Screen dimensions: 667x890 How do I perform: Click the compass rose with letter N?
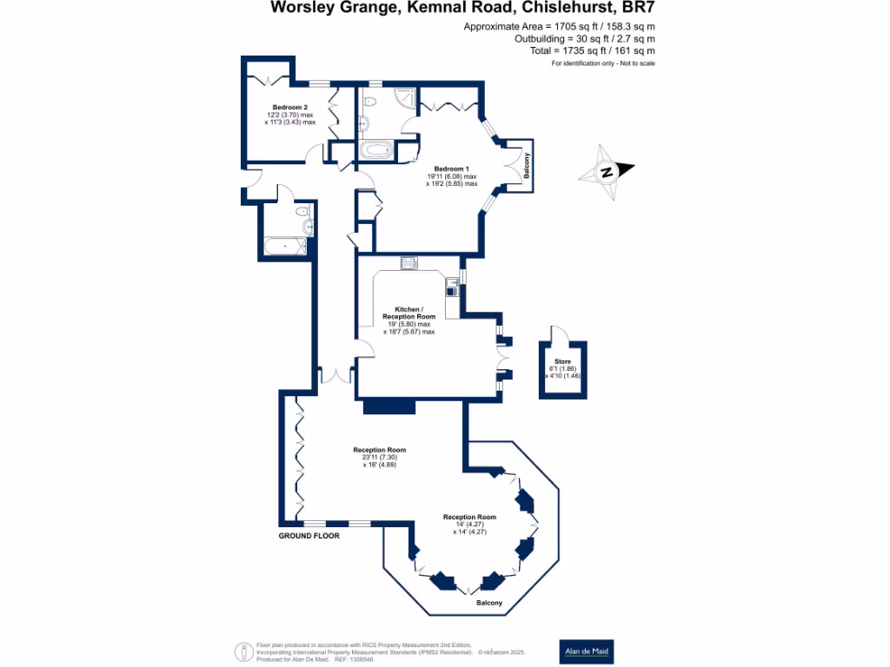point(608,170)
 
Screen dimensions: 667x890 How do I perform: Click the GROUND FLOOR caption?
point(309,536)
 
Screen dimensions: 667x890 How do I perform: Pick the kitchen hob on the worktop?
point(409,262)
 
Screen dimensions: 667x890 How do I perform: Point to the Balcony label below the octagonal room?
point(488,603)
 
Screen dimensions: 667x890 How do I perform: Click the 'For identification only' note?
point(603,64)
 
